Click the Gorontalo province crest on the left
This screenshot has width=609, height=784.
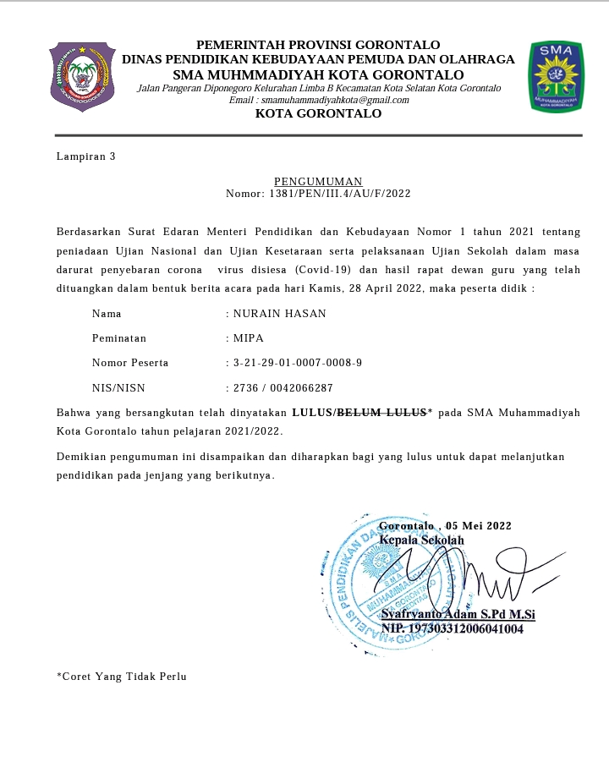(x=82, y=77)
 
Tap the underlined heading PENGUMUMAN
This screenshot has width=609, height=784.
(x=318, y=182)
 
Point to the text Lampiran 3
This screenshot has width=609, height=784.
(x=85, y=156)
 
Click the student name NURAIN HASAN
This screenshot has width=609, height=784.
(x=279, y=314)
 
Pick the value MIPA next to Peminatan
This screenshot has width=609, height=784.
(x=249, y=338)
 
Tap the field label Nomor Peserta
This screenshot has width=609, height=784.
(x=130, y=363)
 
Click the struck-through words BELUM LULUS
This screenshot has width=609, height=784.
(x=381, y=414)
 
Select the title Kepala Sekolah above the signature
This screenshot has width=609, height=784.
(x=421, y=540)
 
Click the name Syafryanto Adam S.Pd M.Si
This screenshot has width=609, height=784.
(x=458, y=615)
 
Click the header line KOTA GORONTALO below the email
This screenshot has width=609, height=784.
(x=318, y=113)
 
